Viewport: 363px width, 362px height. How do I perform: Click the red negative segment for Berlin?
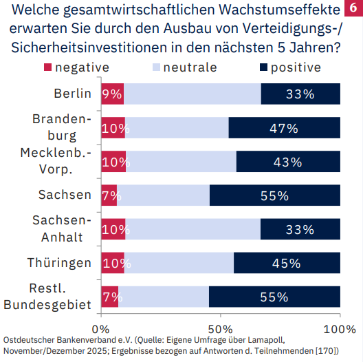tap(112, 94)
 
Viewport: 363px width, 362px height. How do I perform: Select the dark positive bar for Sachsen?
tap(274, 195)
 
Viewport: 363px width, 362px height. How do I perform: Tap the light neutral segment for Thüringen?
tap(179, 263)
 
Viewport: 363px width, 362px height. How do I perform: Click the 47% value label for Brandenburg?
tap(283, 128)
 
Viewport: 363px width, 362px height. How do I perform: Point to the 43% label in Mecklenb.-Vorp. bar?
tap(287, 162)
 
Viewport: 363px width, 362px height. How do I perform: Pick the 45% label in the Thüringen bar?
tap(286, 263)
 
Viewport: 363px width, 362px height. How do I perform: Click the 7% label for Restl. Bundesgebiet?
tap(111, 297)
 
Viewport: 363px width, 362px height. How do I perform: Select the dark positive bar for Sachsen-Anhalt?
tap(300, 229)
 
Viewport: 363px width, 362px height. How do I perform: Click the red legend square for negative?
tap(47, 67)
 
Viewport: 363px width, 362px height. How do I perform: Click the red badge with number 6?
tap(353, 10)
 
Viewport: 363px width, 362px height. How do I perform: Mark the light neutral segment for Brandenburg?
tap(177, 128)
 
